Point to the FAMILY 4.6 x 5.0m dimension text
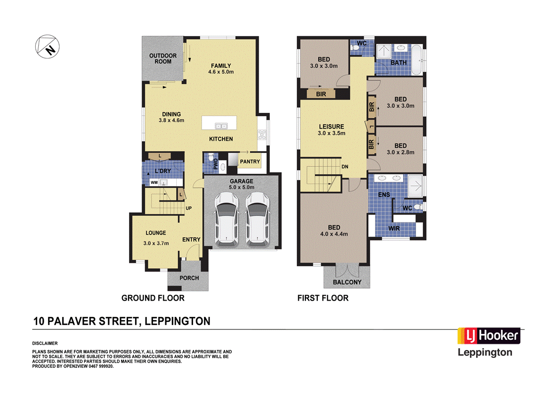221,72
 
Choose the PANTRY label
250,162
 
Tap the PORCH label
189,278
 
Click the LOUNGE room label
155,233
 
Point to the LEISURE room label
331,127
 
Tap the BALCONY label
347,282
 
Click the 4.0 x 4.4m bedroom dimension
334,234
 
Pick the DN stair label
345,167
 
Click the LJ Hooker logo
488,336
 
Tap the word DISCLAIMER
45,343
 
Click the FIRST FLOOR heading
323,298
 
